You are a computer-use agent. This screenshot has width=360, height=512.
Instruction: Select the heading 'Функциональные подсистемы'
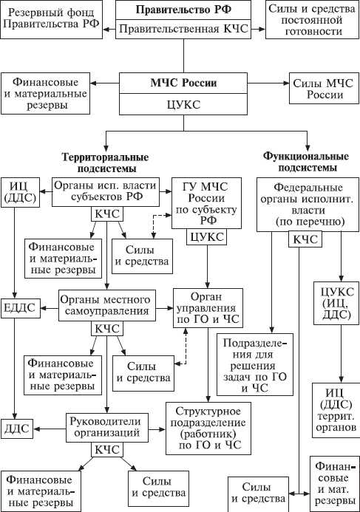tap(305, 163)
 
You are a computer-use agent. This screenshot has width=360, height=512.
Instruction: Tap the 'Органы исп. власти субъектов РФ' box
tap(106, 192)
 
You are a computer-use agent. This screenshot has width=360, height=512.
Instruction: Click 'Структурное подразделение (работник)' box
tap(205, 429)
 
